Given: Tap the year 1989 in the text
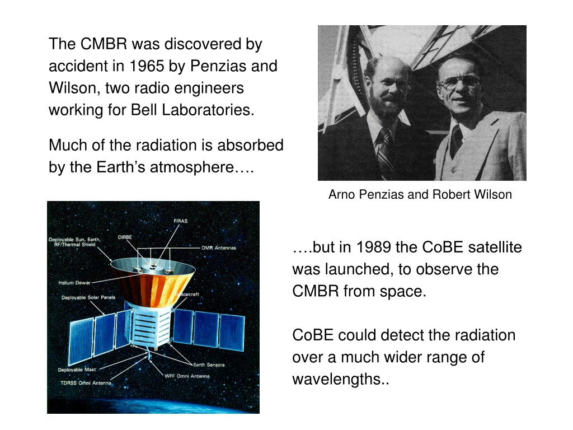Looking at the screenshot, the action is [x=373, y=247].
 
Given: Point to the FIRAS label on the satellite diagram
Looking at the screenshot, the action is [x=181, y=221].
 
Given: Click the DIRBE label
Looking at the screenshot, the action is [x=125, y=237].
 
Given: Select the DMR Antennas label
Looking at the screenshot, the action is [x=219, y=247].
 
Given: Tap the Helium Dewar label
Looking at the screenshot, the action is [x=74, y=283].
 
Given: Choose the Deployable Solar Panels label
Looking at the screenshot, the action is [x=88, y=297].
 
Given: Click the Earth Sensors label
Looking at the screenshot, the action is [x=209, y=364].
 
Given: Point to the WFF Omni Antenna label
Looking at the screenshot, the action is [x=187, y=376].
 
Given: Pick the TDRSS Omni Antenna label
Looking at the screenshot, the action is [x=86, y=383].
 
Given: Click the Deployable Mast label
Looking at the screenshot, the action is [x=77, y=370].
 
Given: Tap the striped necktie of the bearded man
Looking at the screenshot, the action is [x=384, y=150].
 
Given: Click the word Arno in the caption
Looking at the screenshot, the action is [x=341, y=194].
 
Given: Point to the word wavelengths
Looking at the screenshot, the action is [x=341, y=379].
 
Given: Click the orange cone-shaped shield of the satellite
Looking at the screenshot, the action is [x=153, y=283].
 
